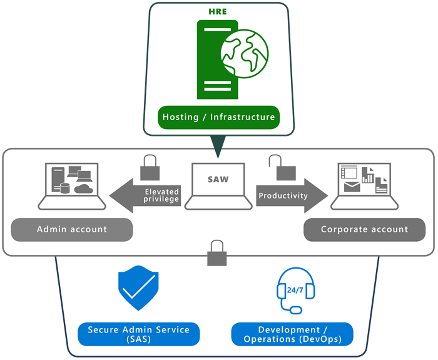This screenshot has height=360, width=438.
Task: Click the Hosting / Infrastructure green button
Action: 218,117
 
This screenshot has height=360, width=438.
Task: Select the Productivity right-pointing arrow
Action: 290,195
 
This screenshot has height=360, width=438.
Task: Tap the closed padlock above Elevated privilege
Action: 149,168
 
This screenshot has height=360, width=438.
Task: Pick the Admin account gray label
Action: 72,229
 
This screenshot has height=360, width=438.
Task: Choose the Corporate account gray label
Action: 364,229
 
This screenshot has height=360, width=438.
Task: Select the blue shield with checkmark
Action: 139,289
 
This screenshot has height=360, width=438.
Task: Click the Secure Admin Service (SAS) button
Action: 138,334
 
